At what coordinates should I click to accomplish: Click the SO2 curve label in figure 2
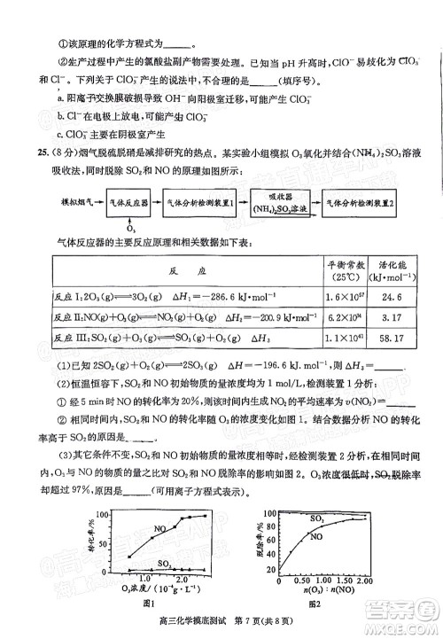(316, 518)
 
